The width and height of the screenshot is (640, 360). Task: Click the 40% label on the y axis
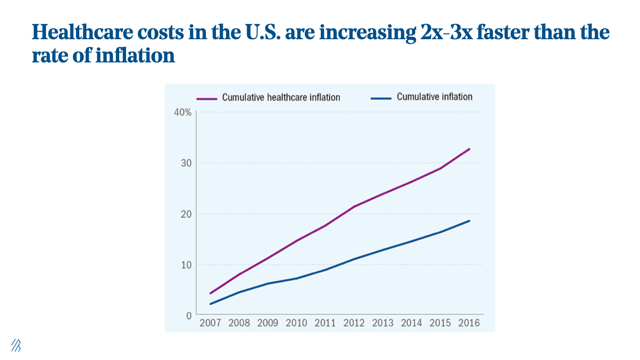183,112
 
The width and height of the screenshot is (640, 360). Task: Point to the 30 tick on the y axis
186,163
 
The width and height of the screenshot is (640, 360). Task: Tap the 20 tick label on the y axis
186,214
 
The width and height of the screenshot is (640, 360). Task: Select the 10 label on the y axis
186,265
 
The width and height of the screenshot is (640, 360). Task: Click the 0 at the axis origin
189,316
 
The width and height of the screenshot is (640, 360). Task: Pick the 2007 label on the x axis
210,323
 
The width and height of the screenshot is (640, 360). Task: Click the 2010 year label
296,323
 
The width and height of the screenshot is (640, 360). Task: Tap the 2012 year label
354,323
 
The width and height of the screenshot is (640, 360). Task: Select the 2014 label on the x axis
411,323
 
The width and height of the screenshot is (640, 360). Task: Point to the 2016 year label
469,323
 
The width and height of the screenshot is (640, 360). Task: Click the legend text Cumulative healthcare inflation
281,98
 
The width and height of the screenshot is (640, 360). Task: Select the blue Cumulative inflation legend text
434,97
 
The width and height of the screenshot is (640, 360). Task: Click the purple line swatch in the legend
207,98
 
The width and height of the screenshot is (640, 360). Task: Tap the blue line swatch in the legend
381,98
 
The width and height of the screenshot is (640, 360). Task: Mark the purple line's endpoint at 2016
469,149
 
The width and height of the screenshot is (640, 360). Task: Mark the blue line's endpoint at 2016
469,221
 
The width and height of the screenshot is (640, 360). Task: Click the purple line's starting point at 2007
210,293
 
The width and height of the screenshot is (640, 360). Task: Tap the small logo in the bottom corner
16,345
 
